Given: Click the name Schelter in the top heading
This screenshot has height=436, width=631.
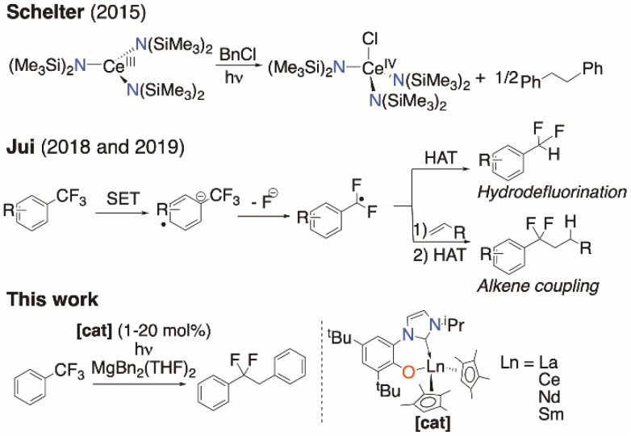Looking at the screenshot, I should [35, 11].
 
